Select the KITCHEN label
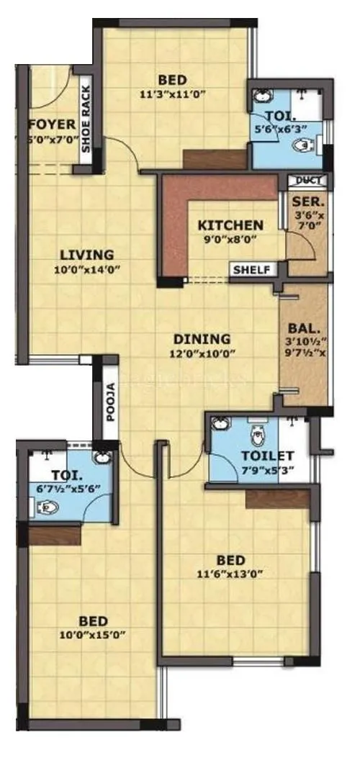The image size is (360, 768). pyautogui.click(x=231, y=225)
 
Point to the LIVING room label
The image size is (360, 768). pyautogui.click(x=87, y=254)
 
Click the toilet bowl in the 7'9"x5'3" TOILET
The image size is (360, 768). pyautogui.click(x=257, y=436)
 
